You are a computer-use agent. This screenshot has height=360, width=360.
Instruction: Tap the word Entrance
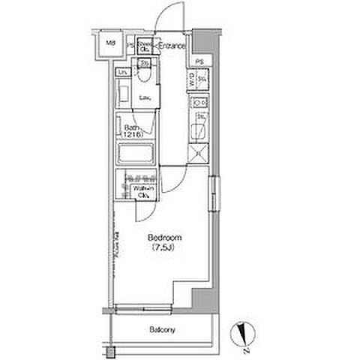[172, 46]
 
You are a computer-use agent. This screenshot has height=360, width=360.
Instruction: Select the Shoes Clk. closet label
[145, 47]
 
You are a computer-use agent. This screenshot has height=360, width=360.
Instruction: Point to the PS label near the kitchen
[198, 61]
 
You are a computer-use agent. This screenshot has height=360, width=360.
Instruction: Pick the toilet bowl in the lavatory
[145, 76]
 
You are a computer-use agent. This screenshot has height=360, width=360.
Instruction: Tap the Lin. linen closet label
[123, 72]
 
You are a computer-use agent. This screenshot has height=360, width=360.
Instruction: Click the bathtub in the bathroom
[136, 154]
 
